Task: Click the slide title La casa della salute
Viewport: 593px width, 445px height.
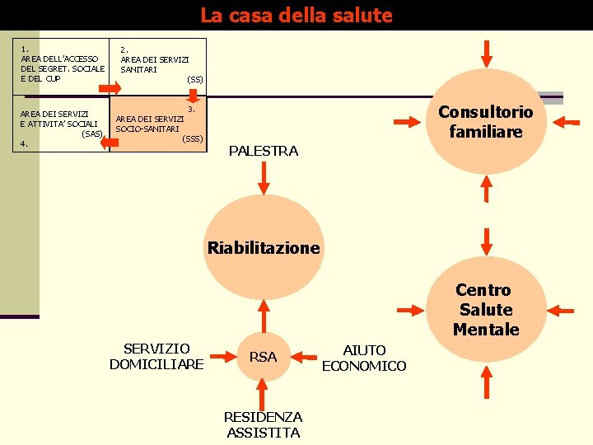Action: click(x=296, y=15)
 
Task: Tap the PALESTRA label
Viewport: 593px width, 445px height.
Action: click(x=263, y=151)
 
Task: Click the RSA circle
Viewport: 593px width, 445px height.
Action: click(x=263, y=357)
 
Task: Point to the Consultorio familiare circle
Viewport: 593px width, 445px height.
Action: click(x=486, y=121)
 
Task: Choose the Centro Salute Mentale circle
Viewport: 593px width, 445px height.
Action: click(x=486, y=310)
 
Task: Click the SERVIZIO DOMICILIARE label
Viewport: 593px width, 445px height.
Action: click(x=156, y=357)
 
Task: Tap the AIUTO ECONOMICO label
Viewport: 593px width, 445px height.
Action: click(x=364, y=358)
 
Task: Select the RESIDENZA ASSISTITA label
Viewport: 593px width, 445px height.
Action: click(x=264, y=424)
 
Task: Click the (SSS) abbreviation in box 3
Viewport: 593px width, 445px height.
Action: click(x=192, y=138)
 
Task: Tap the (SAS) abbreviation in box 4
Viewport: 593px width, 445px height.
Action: click(x=91, y=133)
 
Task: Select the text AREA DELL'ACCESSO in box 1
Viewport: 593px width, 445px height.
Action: click(x=60, y=59)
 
